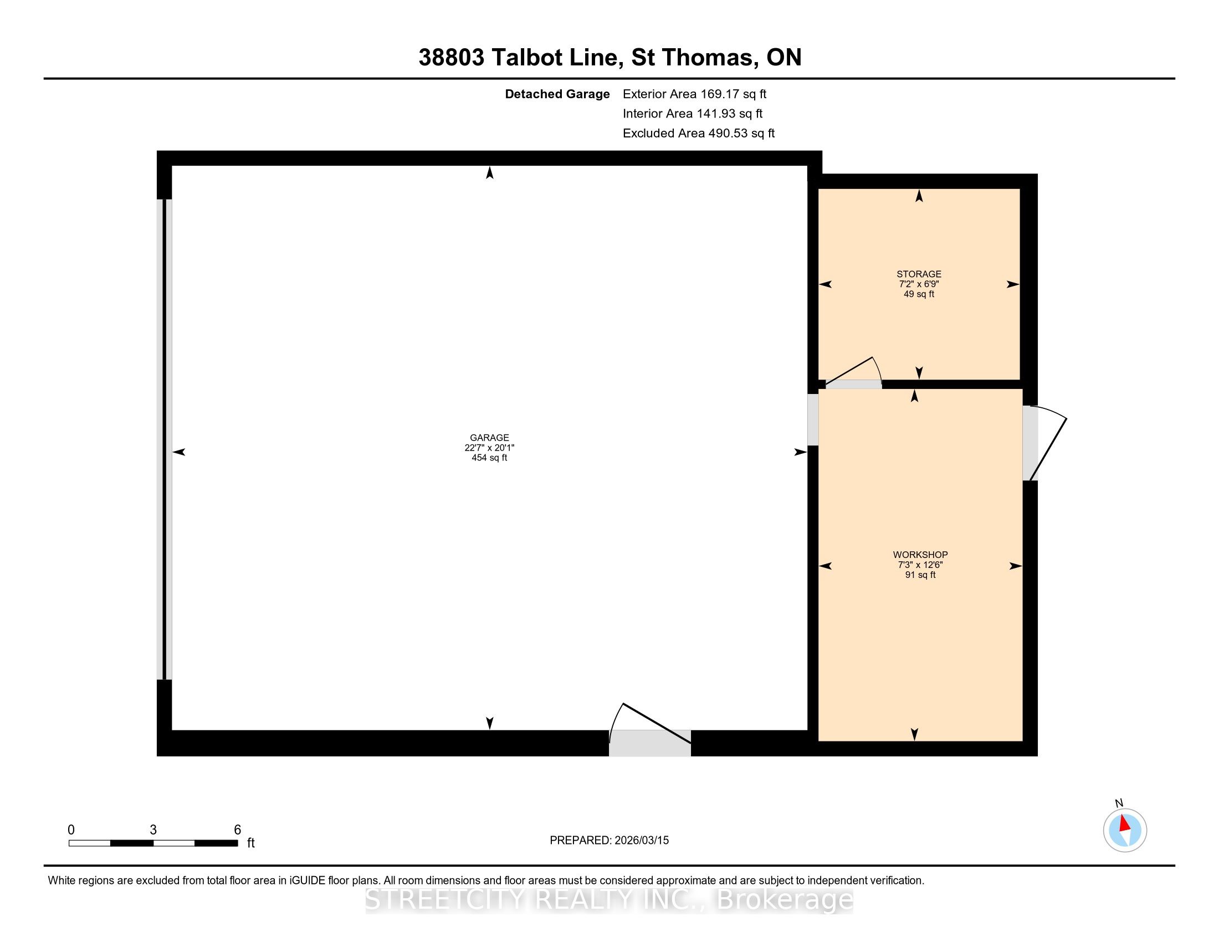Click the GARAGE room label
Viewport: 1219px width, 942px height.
click(489, 438)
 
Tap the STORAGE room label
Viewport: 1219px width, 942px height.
click(919, 274)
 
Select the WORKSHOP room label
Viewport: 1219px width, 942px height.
click(920, 555)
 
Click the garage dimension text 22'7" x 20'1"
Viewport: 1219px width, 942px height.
click(489, 448)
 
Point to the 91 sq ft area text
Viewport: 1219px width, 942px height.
click(920, 575)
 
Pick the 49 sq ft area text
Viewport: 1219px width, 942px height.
click(919, 294)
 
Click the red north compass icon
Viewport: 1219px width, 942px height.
click(1125, 830)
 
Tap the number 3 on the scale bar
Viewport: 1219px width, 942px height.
click(153, 830)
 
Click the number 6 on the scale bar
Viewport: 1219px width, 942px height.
click(237, 830)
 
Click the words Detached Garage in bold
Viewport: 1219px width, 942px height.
click(557, 94)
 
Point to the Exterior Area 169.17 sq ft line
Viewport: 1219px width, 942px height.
click(694, 94)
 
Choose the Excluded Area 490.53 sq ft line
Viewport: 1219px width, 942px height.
click(698, 134)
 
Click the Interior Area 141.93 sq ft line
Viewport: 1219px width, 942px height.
click(692, 114)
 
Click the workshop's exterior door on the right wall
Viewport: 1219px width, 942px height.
click(1044, 443)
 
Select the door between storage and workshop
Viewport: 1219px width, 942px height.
click(853, 373)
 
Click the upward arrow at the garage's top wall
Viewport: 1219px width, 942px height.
click(489, 172)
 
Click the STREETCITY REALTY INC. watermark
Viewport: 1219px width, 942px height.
click(609, 899)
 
